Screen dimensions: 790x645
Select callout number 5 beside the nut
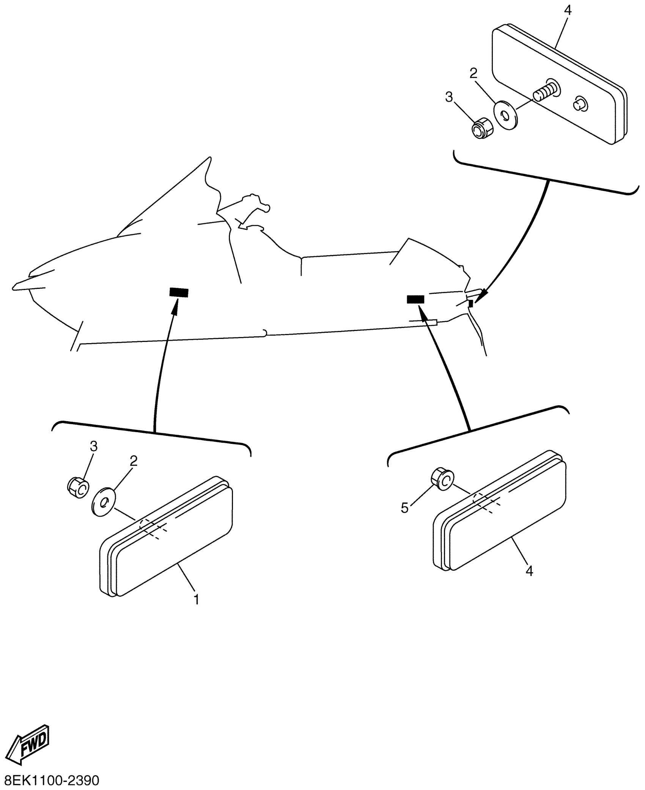(x=405, y=508)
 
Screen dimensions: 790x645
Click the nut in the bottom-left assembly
(x=78, y=487)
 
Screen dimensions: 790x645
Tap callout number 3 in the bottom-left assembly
(x=93, y=447)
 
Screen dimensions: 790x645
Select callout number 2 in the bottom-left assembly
(x=133, y=461)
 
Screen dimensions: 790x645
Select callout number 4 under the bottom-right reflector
(x=529, y=581)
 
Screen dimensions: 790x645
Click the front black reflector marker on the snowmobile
(x=178, y=292)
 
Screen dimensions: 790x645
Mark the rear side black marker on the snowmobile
(x=416, y=299)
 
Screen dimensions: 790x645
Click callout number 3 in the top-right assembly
(x=449, y=97)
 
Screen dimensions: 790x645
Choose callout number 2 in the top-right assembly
(x=473, y=73)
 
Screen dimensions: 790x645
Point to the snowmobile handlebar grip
(x=266, y=207)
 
